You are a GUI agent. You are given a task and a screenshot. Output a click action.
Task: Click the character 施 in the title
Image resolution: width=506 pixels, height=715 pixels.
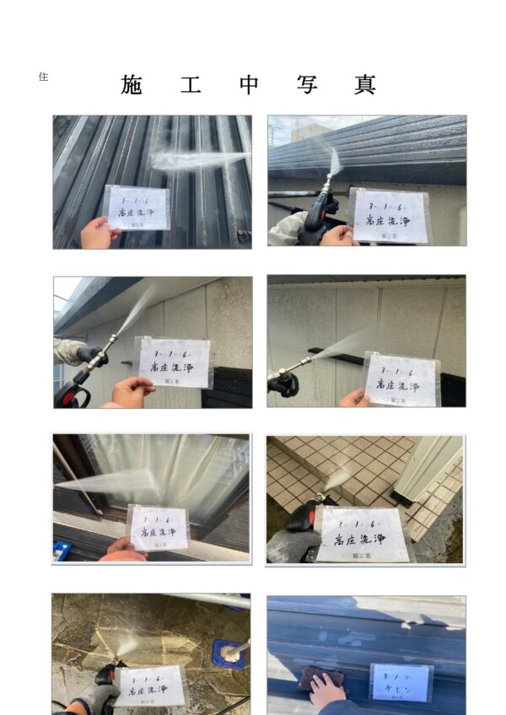point(132,84)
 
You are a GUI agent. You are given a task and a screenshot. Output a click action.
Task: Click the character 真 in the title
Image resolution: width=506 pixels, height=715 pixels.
point(365,84)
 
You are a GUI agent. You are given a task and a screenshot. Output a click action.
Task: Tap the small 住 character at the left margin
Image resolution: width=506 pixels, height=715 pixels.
point(43,77)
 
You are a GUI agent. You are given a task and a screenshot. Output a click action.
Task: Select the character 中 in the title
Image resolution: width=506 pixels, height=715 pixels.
point(249,84)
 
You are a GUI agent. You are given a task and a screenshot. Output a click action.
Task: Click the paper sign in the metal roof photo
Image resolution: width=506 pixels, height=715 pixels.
point(137,207)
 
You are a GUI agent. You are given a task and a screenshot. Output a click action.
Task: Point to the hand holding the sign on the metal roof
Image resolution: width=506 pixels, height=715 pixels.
point(99,234)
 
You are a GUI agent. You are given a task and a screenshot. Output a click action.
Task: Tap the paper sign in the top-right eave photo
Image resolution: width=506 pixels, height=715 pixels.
point(389,215)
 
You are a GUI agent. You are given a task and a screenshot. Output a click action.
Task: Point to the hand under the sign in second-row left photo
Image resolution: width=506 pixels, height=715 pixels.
point(132,391)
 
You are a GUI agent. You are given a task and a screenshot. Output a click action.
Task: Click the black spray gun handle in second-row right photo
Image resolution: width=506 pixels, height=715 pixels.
point(283,384)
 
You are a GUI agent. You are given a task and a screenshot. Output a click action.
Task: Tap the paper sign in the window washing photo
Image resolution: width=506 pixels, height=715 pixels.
point(158,528)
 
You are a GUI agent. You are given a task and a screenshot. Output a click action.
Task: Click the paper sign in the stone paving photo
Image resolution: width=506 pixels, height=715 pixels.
point(149,685)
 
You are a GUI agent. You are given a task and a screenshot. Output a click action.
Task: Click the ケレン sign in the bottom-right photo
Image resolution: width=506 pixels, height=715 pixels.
point(401,682)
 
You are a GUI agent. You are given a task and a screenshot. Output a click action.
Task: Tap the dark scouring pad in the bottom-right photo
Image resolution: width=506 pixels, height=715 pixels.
point(318,677)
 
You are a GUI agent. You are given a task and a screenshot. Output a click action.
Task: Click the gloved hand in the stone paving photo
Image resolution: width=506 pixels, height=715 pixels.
point(90,696)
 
